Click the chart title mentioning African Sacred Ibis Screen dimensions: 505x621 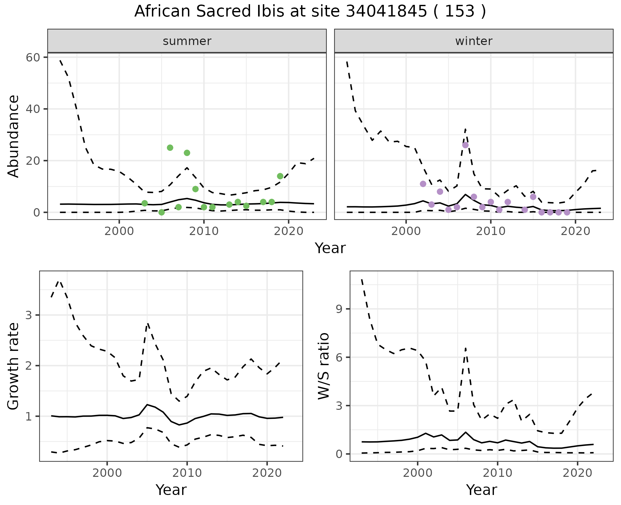click(x=310, y=12)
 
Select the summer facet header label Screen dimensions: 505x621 click(x=187, y=41)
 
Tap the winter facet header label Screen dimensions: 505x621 click(x=474, y=41)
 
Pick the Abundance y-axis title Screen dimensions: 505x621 click(x=14, y=136)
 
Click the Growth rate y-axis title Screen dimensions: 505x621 click(x=14, y=366)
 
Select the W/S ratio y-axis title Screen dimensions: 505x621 click(x=323, y=366)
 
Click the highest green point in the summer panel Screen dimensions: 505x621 click(x=170, y=148)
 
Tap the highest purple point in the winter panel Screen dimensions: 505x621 click(x=465, y=145)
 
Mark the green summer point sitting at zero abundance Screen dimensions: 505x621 click(x=162, y=212)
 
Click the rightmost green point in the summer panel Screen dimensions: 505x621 click(x=280, y=176)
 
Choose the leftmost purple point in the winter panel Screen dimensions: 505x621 click(x=423, y=184)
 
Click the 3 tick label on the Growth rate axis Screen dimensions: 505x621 click(x=28, y=315)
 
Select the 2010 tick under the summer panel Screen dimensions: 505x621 click(x=204, y=231)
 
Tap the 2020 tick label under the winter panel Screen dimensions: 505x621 click(x=575, y=231)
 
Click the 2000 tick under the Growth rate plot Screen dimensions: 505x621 click(x=107, y=473)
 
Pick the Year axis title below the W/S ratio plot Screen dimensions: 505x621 click(x=481, y=490)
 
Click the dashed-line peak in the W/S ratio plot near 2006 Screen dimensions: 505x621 click(x=465, y=348)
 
